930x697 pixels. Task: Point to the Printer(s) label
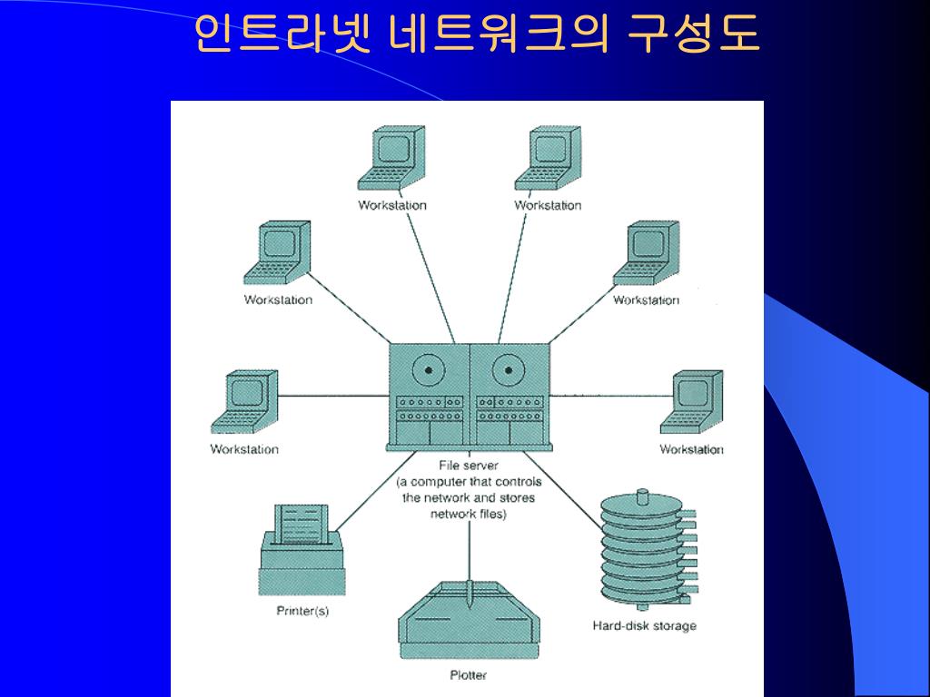tap(302, 611)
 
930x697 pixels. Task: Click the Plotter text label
tap(469, 674)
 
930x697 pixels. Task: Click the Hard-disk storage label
tap(644, 625)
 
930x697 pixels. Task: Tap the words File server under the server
tap(469, 466)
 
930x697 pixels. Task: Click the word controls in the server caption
tap(515, 482)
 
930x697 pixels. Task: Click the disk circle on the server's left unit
tap(427, 369)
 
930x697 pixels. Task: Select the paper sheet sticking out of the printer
tap(302, 523)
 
